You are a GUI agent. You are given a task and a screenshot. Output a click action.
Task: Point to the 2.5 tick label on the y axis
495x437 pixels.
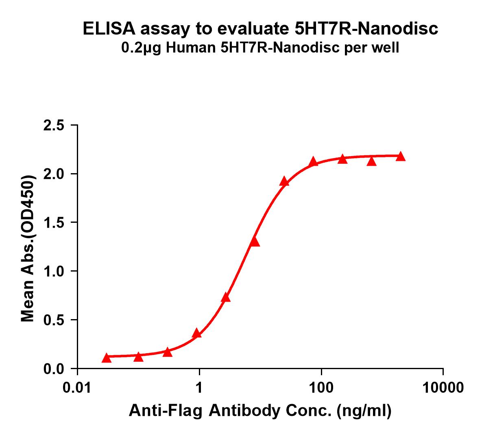point(54,126)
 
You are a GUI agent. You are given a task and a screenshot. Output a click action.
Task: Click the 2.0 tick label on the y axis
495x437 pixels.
point(54,174)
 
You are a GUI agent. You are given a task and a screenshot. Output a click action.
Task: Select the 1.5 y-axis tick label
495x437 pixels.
point(54,223)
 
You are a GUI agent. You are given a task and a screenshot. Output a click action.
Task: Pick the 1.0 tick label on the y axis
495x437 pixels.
point(54,272)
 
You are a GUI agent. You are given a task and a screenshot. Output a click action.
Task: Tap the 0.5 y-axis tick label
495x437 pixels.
point(54,320)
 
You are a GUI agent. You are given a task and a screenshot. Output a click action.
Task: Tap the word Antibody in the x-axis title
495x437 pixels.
point(253,411)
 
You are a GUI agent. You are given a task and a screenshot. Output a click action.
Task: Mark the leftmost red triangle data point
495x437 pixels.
point(107,358)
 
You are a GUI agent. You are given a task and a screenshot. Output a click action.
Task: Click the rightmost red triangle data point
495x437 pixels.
point(401,157)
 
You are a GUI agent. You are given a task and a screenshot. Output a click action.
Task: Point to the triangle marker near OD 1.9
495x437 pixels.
point(284,182)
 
